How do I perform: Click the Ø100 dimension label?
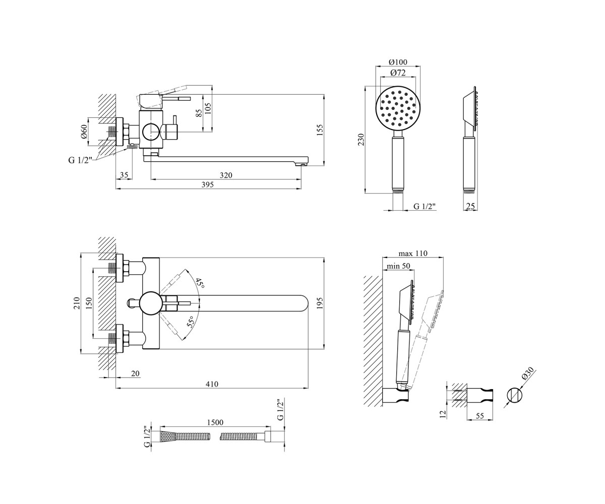coord(398,62)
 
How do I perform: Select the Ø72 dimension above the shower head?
coord(398,73)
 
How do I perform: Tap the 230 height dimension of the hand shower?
coord(361,140)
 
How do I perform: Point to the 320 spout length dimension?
coord(226,175)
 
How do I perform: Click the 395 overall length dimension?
coord(207,184)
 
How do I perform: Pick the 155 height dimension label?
coord(319,130)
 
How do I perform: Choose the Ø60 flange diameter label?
coord(84,132)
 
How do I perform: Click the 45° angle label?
coord(200,283)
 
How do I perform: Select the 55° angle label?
coord(191,322)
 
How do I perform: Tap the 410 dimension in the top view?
coord(212,384)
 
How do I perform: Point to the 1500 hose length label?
coord(215,422)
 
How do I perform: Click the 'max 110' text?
coord(412,254)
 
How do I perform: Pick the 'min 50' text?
coord(399,266)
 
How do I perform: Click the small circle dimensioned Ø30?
coord(514,395)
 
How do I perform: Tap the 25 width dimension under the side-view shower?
coord(470,206)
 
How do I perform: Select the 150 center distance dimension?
coord(89,303)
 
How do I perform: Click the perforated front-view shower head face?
coord(398,108)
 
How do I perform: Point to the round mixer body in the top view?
coord(150,303)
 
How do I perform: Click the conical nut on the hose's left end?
coord(166,436)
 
